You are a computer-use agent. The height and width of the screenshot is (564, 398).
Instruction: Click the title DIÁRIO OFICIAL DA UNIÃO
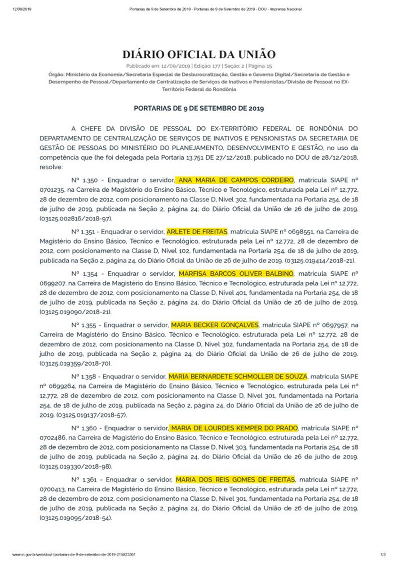point(199,54)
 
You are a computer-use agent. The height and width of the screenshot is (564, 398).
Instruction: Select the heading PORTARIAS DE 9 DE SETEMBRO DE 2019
point(199,108)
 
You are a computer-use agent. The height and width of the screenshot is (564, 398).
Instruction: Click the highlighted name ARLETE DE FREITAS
point(197,231)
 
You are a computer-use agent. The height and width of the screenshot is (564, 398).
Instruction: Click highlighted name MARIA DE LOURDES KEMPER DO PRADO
point(234,428)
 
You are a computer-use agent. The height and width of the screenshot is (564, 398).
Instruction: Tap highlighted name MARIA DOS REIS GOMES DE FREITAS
point(235,479)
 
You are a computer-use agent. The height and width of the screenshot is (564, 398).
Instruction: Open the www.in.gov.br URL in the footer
point(75,555)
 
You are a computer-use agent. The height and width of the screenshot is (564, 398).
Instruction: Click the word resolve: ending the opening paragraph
point(51,167)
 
